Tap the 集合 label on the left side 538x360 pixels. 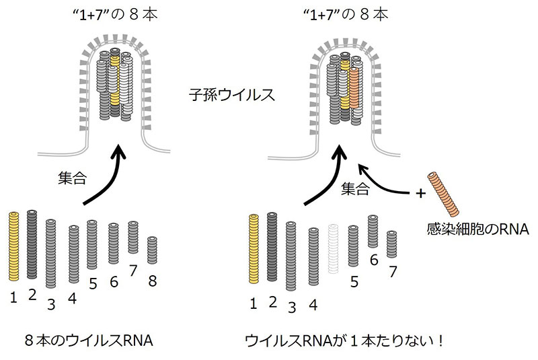click(x=73, y=179)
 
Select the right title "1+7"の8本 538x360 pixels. click(x=348, y=13)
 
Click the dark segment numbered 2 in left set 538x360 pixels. click(x=32, y=245)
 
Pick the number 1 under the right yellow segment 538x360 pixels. click(x=254, y=303)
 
